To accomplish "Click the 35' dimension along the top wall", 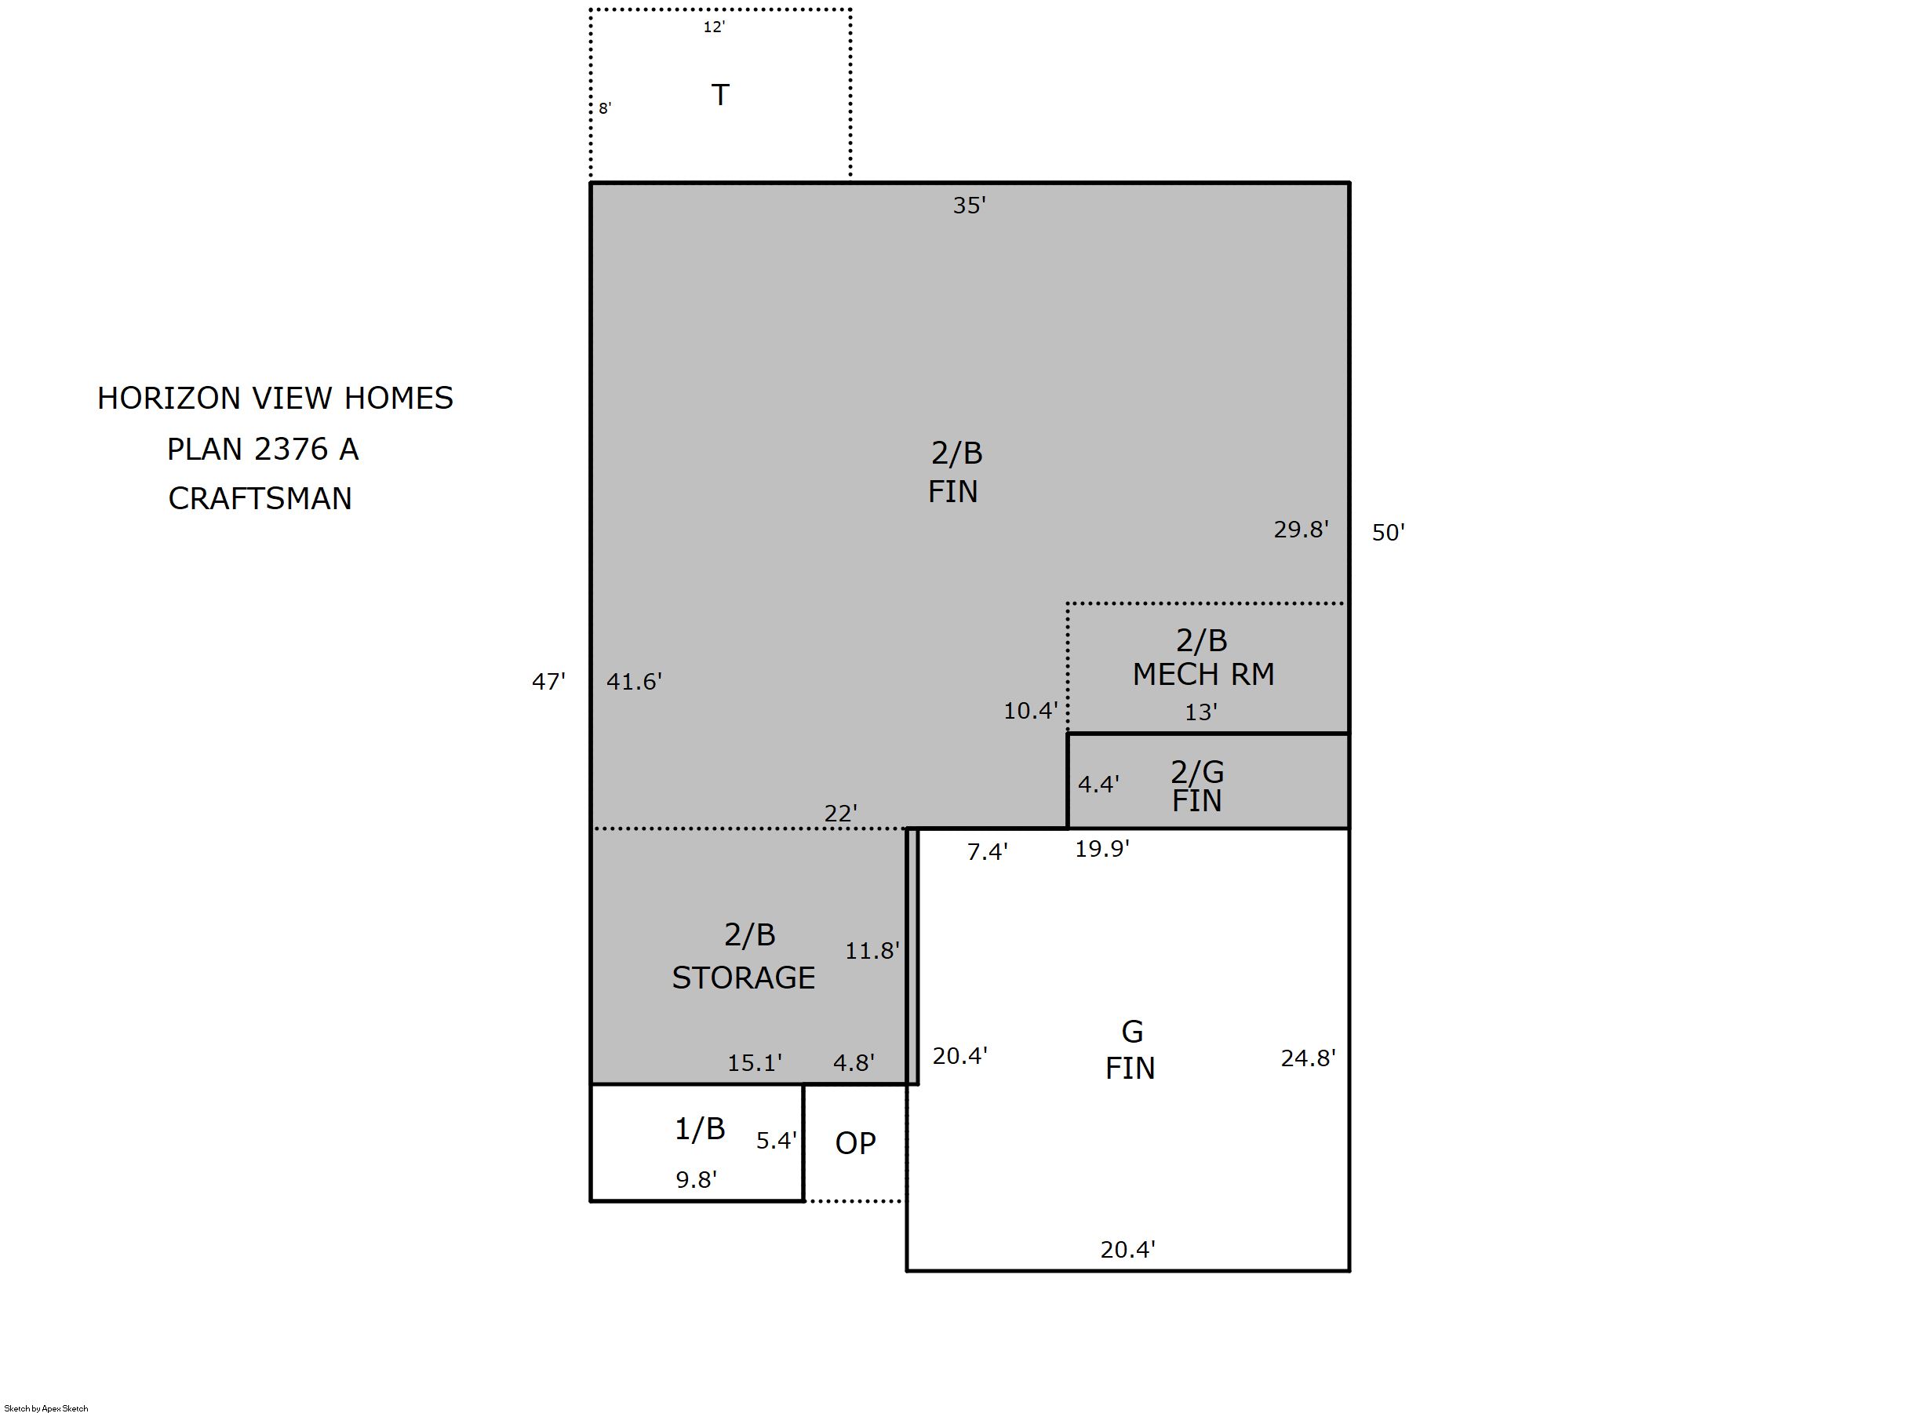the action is (969, 206).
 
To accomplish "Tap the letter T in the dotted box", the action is (720, 95).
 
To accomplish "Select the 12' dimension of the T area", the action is (714, 27).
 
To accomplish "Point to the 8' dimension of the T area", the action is (605, 108).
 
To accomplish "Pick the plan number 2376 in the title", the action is (292, 449).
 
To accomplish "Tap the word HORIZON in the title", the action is (169, 399).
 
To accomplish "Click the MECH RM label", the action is (1203, 675).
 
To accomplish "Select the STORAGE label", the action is (743, 978).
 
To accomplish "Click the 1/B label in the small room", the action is (700, 1129).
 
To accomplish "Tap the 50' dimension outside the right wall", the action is (1388, 533).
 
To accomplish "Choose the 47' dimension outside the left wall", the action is (548, 682).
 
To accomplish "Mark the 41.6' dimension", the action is (634, 682).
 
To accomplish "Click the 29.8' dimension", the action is (1301, 530).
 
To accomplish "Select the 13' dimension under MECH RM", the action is (1201, 712).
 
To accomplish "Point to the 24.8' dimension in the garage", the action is (1308, 1059).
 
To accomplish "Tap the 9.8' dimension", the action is (696, 1180).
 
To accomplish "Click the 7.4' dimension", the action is (987, 852).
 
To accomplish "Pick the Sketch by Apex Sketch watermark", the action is (46, 1408).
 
